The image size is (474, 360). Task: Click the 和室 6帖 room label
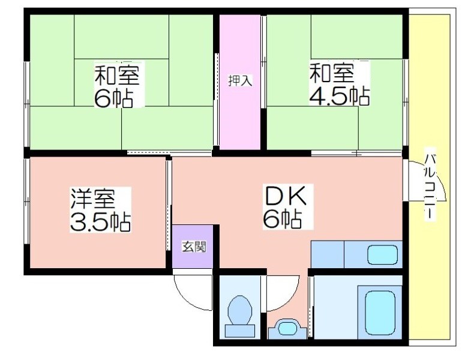point(117,86)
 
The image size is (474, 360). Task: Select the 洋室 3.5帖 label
point(100,210)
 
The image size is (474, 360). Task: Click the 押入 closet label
point(240,81)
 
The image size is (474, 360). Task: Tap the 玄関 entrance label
point(194,247)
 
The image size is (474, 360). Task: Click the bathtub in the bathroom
point(380,312)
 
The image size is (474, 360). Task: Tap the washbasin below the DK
point(287,329)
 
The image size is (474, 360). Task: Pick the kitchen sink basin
point(382,254)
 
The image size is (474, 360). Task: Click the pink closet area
point(240,82)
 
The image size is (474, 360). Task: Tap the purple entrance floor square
point(193,247)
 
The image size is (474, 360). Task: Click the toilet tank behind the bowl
point(240,331)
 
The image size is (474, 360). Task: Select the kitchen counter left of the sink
point(328,254)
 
